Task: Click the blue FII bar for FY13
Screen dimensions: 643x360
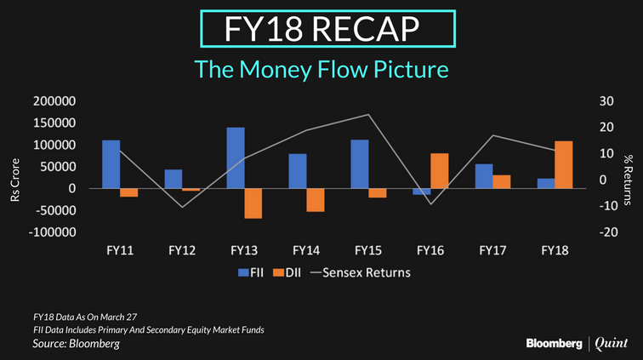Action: coord(236,158)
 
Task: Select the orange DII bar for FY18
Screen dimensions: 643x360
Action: coord(563,164)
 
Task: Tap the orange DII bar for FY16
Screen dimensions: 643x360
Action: coord(439,171)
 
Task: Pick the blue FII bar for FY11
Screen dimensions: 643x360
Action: coord(111,164)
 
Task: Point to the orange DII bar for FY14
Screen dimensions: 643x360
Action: coord(316,200)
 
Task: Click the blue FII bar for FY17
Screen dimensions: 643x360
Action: coord(484,176)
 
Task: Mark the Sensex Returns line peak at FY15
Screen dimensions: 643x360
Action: coord(368,115)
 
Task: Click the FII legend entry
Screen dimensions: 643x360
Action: coord(251,273)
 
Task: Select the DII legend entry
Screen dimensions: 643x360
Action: coord(287,273)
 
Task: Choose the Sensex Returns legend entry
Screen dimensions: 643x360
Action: coord(361,273)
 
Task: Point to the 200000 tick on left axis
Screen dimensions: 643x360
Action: coord(54,101)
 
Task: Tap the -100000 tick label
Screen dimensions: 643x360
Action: coord(52,232)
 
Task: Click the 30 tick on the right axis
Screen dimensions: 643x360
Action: coord(606,101)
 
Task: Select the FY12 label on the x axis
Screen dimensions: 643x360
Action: coord(182,250)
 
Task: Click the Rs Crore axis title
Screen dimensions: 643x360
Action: coord(14,180)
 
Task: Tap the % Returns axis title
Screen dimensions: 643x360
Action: coord(628,180)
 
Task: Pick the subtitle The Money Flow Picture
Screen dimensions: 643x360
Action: coord(321,69)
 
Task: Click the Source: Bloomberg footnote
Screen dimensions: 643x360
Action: coord(76,344)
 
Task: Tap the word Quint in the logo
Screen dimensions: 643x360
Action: coord(611,344)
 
